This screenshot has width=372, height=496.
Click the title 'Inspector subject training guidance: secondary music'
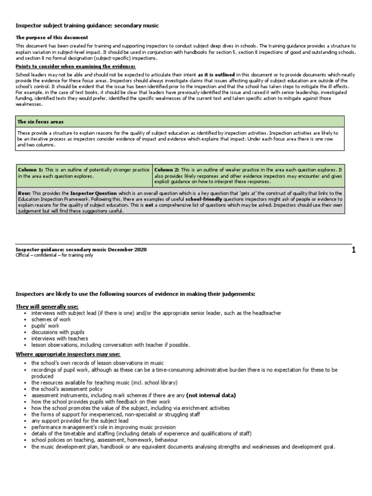(87, 25)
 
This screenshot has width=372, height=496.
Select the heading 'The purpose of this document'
(52, 37)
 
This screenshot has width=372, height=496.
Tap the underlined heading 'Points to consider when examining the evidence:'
(76, 66)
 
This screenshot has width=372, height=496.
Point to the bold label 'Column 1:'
(31, 170)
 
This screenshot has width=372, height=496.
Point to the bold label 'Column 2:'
(167, 170)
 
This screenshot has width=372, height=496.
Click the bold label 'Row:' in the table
(24, 193)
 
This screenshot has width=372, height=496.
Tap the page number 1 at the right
(354, 250)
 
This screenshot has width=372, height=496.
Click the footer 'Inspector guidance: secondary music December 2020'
(81, 249)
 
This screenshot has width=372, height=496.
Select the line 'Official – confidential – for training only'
(54, 255)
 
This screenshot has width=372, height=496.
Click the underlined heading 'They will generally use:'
(47, 307)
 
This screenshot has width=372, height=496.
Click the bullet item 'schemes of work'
(51, 320)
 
